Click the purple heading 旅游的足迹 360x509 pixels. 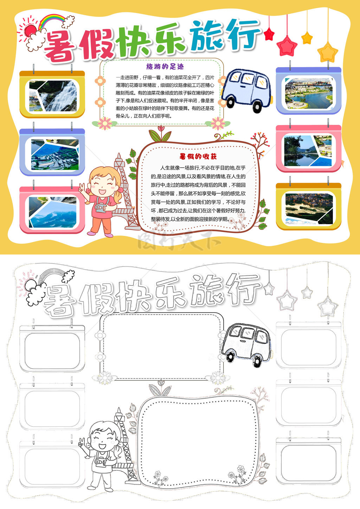(x=165, y=66)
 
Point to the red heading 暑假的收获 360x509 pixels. (x=198, y=156)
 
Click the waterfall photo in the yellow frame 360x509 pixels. (x=53, y=96)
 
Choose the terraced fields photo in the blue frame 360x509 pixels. (x=55, y=155)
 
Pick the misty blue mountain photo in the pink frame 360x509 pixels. (x=53, y=212)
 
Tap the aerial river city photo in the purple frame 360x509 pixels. (x=309, y=94)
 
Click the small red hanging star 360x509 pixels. (x=269, y=34)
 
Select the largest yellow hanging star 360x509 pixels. (x=328, y=52)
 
